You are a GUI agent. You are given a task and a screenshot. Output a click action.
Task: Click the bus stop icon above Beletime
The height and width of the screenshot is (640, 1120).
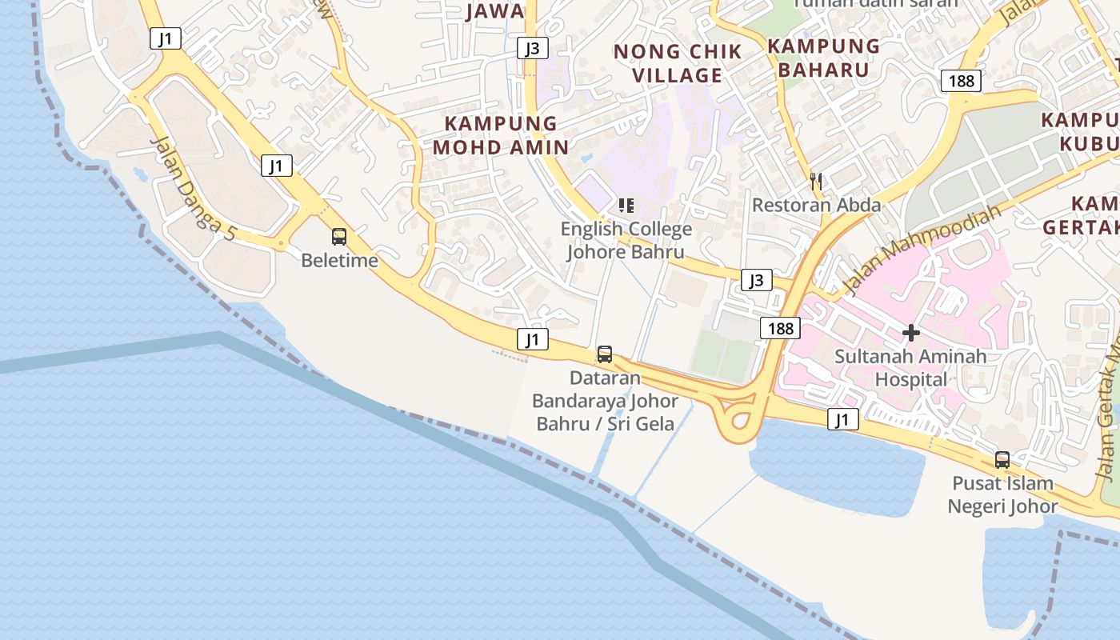coord(339,237)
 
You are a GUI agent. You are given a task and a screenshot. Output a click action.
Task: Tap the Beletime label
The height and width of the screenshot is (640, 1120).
coord(339,260)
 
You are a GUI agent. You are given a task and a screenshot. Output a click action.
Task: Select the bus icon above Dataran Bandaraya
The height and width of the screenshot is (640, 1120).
coord(605,354)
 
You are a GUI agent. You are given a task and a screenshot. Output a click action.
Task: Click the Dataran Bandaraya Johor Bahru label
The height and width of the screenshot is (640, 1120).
coord(605,400)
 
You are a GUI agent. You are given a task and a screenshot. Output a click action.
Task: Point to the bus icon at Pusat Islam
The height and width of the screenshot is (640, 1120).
coord(1002,460)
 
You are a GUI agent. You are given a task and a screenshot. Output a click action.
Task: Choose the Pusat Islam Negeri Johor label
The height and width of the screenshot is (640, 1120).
coord(1002,494)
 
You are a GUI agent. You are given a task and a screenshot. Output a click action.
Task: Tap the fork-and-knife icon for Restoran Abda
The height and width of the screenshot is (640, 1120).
coord(816,182)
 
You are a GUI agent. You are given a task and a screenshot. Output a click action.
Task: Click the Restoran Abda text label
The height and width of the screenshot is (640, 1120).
coord(816,205)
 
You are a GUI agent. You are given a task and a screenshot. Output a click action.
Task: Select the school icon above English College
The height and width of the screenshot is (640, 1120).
coord(626,206)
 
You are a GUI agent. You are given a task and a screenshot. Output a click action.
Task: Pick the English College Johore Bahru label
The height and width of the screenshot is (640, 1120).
coord(626,240)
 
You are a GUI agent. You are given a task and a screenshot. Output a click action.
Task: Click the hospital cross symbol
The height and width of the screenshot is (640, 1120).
coord(910,333)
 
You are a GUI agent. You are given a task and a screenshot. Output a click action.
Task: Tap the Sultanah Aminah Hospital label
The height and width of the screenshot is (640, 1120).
coord(910,367)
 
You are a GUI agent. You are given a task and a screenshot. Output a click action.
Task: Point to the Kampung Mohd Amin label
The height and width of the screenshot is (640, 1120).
coord(501,135)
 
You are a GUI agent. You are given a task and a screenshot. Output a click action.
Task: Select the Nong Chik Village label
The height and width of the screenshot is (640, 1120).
coord(667,63)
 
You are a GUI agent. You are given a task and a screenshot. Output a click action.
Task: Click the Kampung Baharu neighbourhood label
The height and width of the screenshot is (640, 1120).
coord(823,58)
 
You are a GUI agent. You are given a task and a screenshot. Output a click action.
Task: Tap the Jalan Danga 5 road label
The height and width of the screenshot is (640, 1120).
coord(194,187)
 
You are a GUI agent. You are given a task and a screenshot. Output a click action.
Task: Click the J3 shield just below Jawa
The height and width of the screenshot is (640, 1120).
coord(532,48)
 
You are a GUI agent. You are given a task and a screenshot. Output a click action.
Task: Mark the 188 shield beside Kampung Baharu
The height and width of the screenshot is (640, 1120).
coord(961,80)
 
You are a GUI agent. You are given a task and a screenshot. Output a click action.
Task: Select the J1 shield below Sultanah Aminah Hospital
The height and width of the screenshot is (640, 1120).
coord(842,418)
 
